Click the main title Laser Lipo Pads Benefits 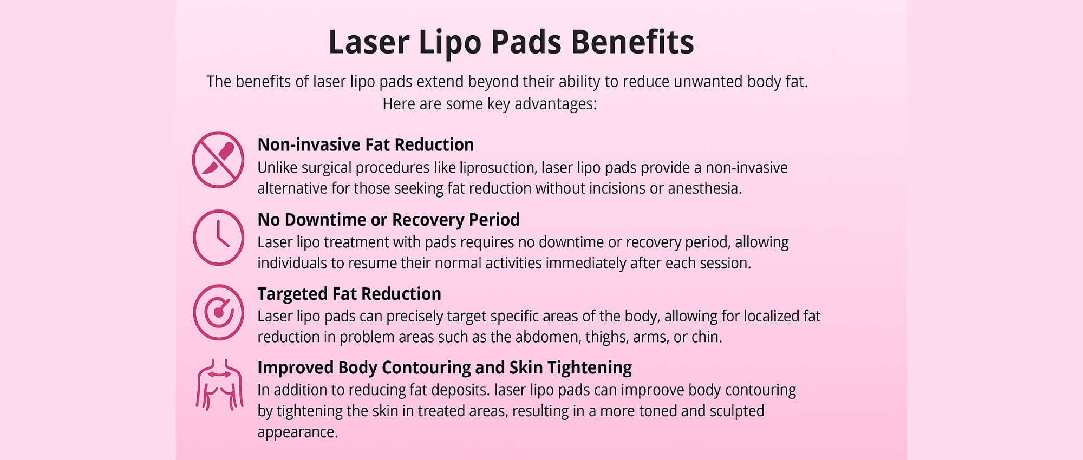511,42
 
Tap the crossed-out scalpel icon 218,160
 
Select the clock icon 219,238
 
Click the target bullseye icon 219,312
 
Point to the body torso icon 219,385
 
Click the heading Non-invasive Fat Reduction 366,144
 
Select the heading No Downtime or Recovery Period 388,220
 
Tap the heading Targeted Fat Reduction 349,294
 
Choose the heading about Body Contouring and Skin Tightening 445,367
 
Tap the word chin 707,337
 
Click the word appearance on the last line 297,432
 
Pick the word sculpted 737,411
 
